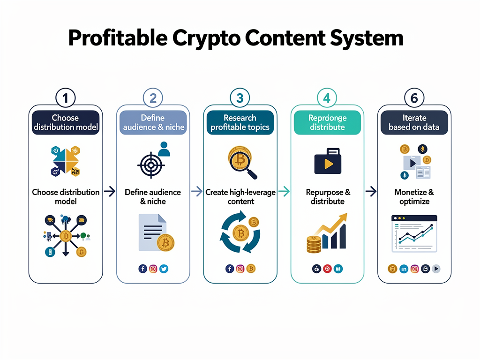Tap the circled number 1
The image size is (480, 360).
click(65, 98)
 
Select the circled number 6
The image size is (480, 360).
click(414, 98)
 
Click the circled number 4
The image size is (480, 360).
click(327, 98)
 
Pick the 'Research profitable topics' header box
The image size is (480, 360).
click(240, 122)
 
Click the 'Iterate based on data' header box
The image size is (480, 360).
click(414, 122)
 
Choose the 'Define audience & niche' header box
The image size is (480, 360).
click(153, 122)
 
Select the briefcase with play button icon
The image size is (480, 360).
click(327, 161)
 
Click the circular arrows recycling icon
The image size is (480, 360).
click(240, 232)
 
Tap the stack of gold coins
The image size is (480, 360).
click(314, 244)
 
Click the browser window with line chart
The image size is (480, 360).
click(414, 233)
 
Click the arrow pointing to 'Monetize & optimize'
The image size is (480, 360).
click(371, 191)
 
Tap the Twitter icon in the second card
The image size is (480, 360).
click(164, 269)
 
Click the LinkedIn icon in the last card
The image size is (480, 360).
click(404, 269)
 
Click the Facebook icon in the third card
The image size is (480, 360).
click(230, 269)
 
